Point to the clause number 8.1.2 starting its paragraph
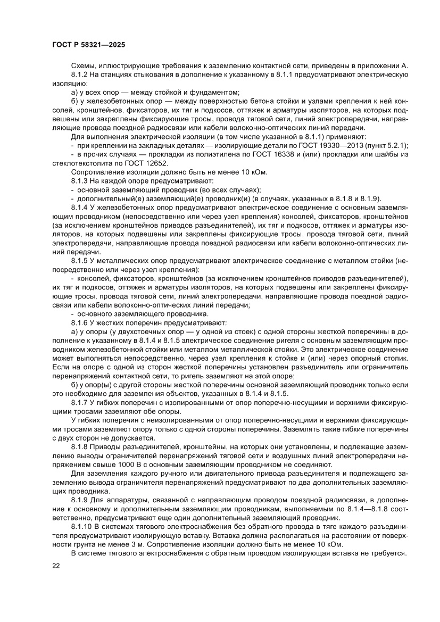point(80,75)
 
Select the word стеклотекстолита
point(76,163)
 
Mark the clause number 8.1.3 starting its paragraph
point(80,181)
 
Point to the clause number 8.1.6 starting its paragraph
point(80,322)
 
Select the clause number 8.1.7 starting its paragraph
point(80,402)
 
